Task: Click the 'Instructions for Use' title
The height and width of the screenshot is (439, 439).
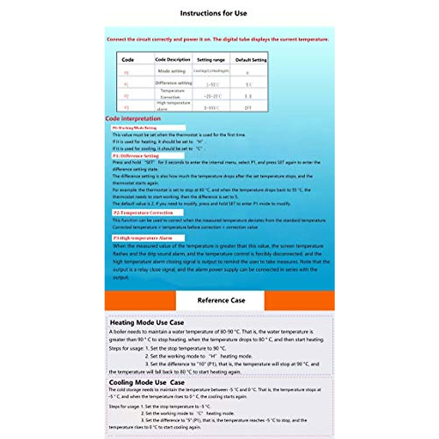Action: [x=213, y=14]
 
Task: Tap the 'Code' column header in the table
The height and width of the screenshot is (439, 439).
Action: [x=128, y=60]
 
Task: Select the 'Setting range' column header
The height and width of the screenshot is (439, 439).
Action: [x=211, y=60]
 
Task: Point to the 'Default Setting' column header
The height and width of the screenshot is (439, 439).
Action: [x=251, y=60]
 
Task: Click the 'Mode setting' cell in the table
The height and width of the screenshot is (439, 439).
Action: [x=172, y=71]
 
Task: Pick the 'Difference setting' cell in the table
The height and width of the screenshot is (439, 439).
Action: [x=173, y=83]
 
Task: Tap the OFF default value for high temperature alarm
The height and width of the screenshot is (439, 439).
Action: [x=248, y=108]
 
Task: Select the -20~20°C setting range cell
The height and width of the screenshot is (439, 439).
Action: [x=212, y=97]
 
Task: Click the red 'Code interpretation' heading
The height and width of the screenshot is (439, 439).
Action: [x=133, y=119]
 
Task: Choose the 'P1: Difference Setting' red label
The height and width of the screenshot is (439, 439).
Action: [x=136, y=156]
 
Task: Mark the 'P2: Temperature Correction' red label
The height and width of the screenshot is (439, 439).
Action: [x=143, y=213]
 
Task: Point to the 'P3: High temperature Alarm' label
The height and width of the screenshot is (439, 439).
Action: [x=143, y=238]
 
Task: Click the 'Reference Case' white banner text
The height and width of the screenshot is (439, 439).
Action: [x=221, y=300]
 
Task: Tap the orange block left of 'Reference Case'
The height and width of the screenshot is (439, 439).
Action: [x=140, y=300]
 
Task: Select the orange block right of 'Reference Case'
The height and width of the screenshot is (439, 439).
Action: [x=299, y=300]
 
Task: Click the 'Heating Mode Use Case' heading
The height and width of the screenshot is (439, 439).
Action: [x=147, y=323]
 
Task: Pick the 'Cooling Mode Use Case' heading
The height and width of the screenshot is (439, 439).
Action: [x=146, y=382]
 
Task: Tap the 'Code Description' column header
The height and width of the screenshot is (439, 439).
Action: [x=173, y=60]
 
